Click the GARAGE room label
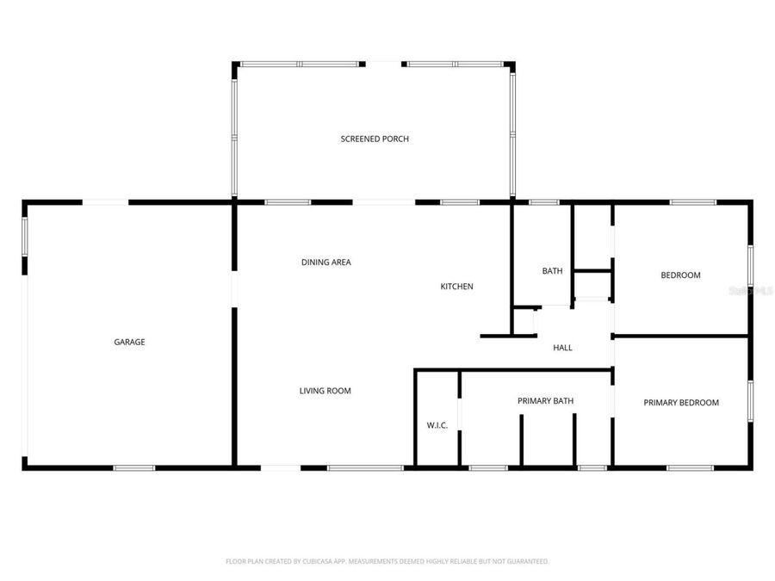coord(129,342)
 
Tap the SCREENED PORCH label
coord(375,139)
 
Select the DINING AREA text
coord(325,263)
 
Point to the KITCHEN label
coord(456,287)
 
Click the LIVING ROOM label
coord(325,391)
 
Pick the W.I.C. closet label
coord(437,425)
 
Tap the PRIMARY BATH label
coord(545,401)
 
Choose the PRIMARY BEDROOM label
coord(681,402)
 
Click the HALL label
coord(562,348)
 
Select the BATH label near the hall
coord(552,271)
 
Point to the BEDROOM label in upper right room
coord(680,275)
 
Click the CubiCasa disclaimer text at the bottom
coord(387,561)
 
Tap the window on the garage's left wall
coord(25,235)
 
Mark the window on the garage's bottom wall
coord(134,468)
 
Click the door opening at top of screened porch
coord(383,63)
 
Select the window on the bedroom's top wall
coord(692,202)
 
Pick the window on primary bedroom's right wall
coord(750,401)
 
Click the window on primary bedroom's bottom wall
coord(690,468)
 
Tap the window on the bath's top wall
coord(543,202)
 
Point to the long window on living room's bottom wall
coord(364,468)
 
